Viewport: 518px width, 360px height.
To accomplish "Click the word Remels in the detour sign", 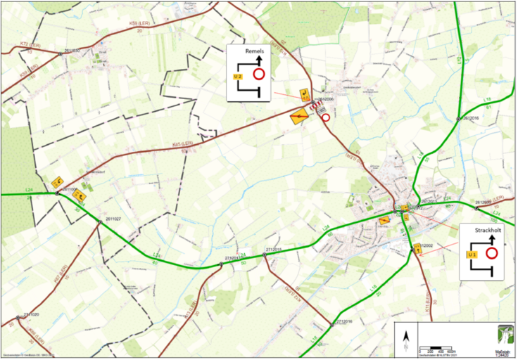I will (255, 52).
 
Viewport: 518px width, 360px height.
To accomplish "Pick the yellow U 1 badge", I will (473, 253).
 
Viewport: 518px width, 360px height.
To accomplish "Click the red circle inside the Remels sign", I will (259, 73).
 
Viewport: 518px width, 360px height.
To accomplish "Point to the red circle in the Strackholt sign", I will (492, 252).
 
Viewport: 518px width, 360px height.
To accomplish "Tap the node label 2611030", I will (72, 50).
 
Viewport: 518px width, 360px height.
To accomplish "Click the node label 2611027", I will (113, 219).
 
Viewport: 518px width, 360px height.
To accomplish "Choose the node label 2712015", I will (274, 250).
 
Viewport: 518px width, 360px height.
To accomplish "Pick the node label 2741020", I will (30, 314).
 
